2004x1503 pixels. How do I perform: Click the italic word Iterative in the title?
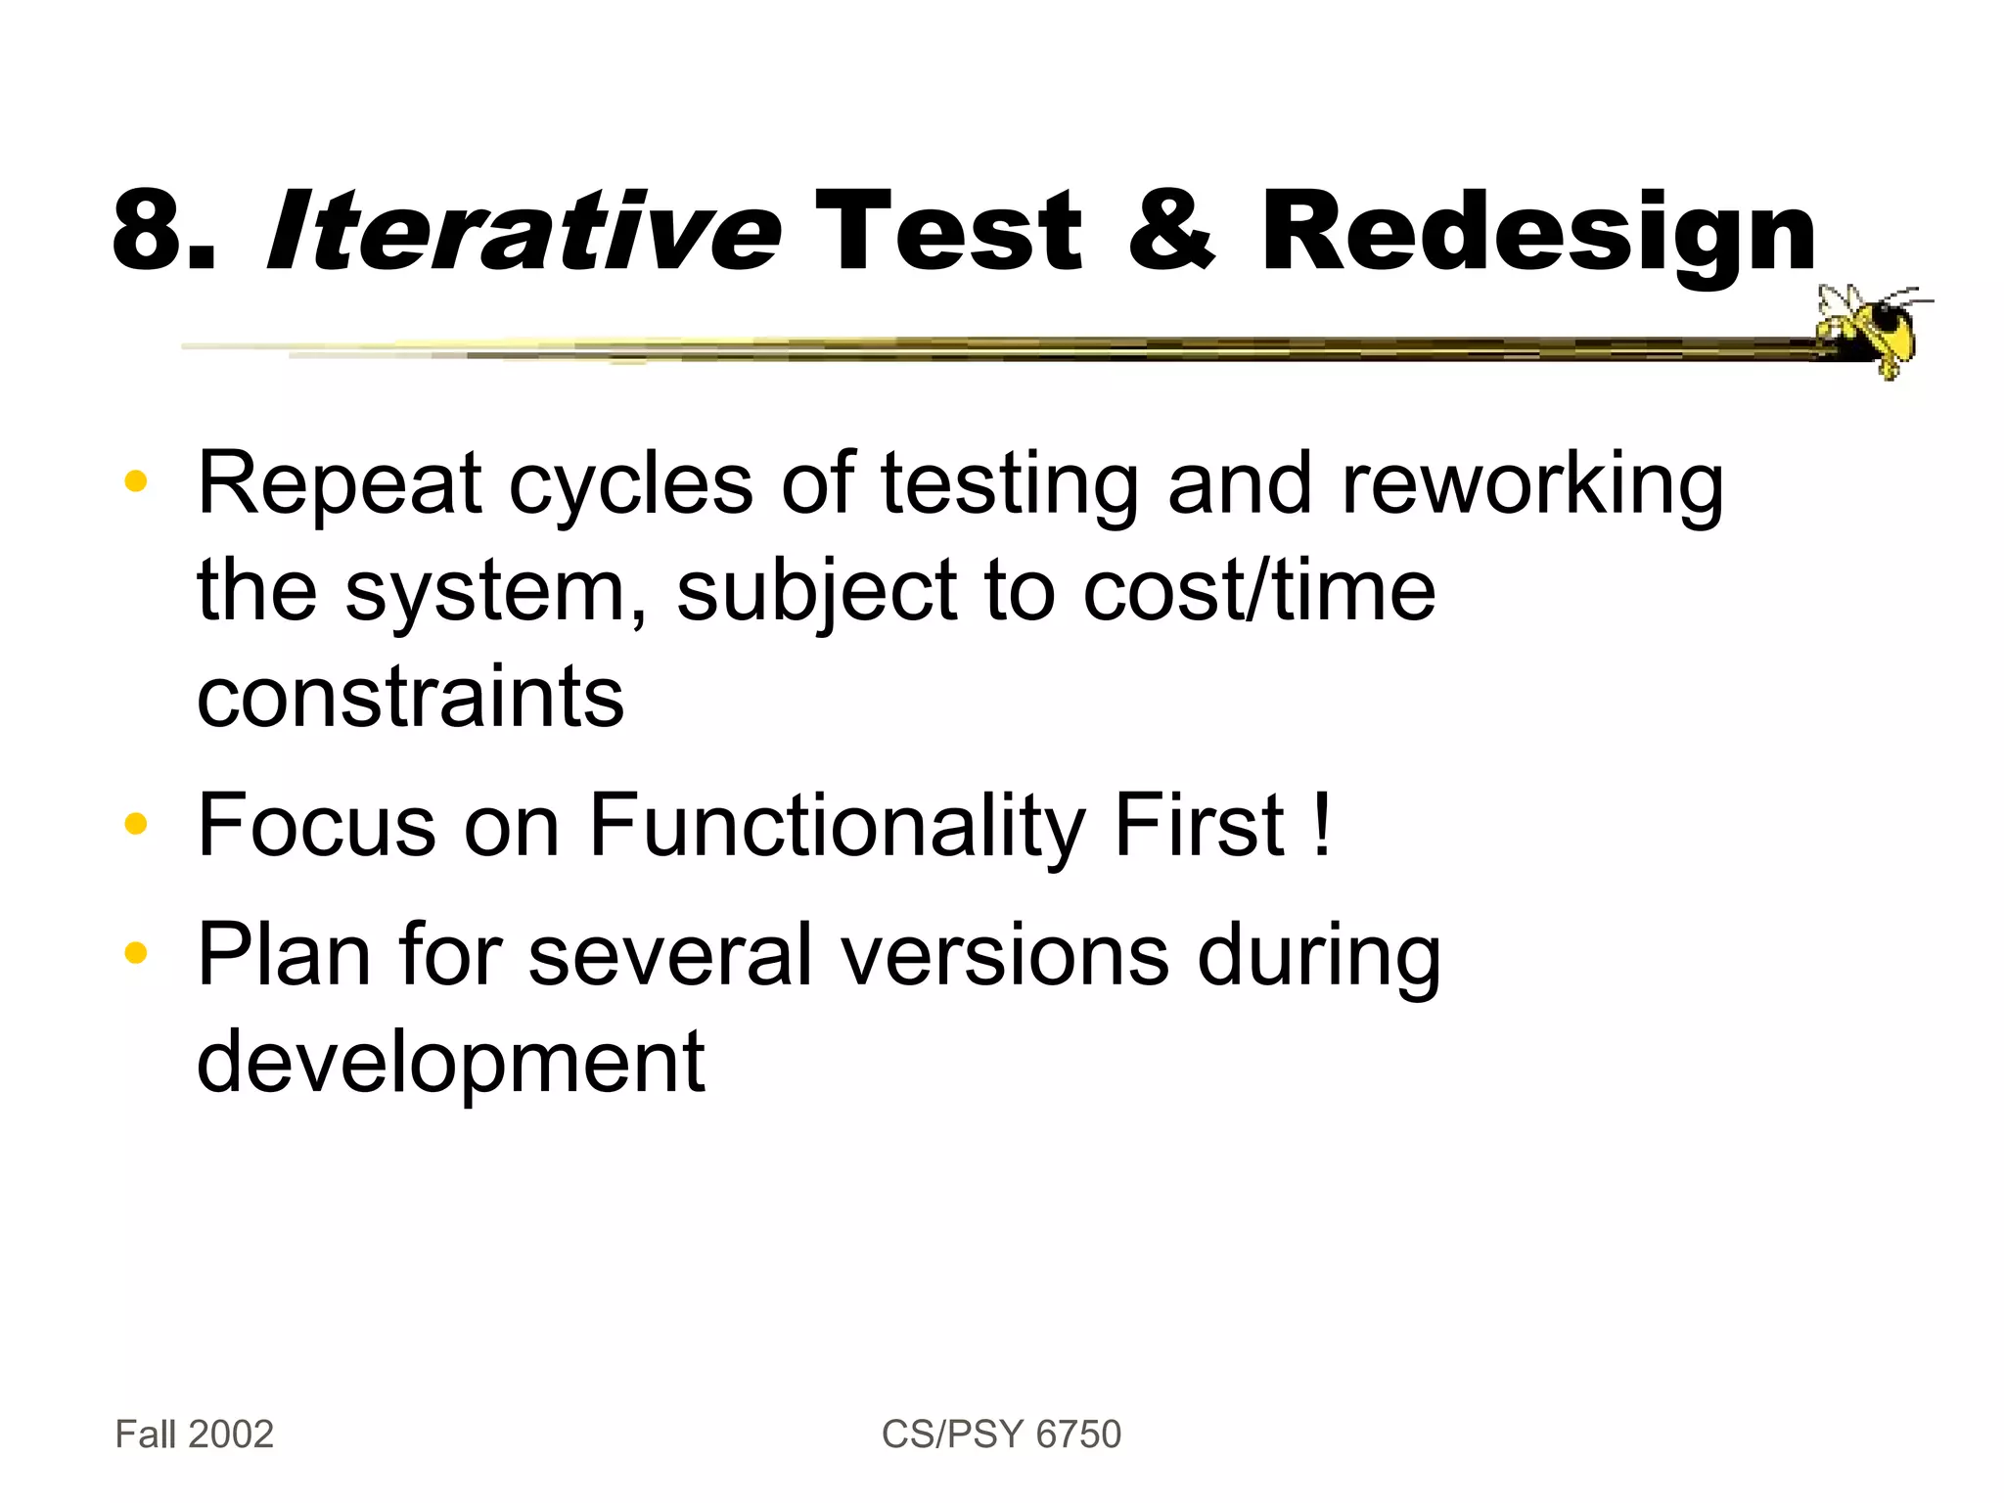[524, 232]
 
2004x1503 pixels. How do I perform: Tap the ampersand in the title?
[1170, 230]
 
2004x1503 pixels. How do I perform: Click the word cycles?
[631, 486]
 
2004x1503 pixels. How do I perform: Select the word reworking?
[1531, 486]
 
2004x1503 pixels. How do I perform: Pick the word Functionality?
[837, 828]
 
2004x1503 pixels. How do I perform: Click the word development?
[450, 1065]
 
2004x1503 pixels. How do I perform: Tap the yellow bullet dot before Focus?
[135, 824]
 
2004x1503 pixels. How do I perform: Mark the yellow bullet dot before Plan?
[135, 952]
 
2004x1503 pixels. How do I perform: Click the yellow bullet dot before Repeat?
[135, 481]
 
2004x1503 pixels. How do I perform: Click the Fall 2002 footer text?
[194, 1435]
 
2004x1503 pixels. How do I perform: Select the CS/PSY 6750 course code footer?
[1001, 1435]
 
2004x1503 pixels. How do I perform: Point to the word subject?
[816, 593]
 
